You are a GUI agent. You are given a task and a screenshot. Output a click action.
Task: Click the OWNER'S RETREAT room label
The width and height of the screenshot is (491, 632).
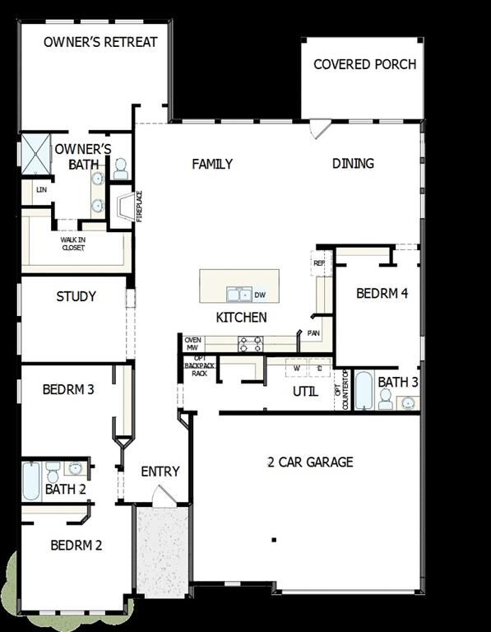[x=100, y=42]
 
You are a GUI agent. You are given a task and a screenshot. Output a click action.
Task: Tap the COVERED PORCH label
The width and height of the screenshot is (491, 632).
[x=364, y=64]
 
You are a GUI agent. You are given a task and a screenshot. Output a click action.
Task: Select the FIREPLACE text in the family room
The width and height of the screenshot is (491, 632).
[x=139, y=206]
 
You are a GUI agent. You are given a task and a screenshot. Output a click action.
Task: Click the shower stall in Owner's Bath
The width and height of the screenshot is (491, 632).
[x=36, y=153]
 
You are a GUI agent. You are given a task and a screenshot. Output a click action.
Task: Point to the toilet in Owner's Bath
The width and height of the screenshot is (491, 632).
[x=120, y=169]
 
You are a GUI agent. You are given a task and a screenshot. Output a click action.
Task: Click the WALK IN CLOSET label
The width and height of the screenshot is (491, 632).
[x=72, y=244]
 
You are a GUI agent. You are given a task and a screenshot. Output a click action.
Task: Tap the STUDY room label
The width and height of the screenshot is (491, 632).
[x=76, y=296]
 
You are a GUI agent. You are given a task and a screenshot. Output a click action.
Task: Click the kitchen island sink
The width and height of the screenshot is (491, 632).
[x=239, y=294]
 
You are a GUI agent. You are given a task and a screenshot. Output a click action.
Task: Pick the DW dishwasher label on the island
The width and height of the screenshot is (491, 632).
[x=260, y=295]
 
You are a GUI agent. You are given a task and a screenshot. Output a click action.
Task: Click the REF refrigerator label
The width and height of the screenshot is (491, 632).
[x=319, y=264]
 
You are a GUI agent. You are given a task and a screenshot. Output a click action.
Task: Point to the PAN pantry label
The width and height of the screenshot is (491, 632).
[x=313, y=333]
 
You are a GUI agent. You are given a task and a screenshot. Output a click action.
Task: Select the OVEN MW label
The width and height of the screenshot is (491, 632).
[x=193, y=343]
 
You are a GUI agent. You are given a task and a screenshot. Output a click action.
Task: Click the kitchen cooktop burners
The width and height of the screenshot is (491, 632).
[x=250, y=344]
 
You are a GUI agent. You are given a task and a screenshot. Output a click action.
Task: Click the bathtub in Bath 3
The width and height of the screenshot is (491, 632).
[x=364, y=390]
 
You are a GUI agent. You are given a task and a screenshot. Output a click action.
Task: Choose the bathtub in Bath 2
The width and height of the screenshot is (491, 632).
[x=31, y=481]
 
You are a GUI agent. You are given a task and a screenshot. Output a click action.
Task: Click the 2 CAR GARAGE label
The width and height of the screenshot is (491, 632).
[x=310, y=462]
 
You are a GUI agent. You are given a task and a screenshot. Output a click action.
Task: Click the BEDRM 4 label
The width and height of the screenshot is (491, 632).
[x=382, y=294]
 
